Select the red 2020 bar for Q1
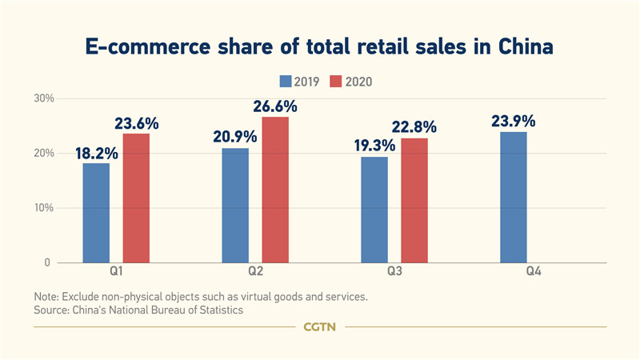click(x=136, y=198)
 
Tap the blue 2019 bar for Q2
click(x=235, y=206)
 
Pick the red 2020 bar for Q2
click(x=274, y=190)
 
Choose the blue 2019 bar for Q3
click(x=374, y=210)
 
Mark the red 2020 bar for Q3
click(x=414, y=200)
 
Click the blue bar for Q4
click(x=514, y=197)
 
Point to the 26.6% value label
click(x=275, y=106)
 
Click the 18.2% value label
click(x=96, y=153)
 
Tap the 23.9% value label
click(x=514, y=122)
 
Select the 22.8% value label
click(x=414, y=127)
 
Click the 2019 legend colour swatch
click(x=286, y=81)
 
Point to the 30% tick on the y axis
click(x=42, y=98)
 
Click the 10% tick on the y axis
click(x=42, y=208)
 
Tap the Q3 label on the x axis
click(x=394, y=274)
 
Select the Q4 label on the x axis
click(x=534, y=274)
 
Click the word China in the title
click(x=519, y=47)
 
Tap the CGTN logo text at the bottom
click(x=320, y=326)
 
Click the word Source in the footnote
click(x=53, y=309)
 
